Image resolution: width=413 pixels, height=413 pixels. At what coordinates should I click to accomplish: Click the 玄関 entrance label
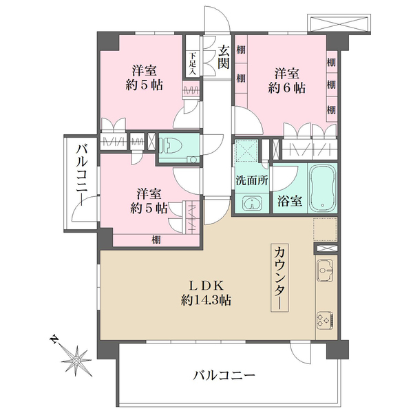pyautogui.click(x=224, y=57)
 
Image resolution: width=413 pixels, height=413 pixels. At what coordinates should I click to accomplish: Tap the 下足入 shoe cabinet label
pyautogui.click(x=192, y=63)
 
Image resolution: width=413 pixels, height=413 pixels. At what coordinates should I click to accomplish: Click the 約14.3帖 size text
pyautogui.click(x=206, y=300)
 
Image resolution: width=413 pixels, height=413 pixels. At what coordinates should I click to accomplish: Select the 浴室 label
pyautogui.click(x=288, y=202)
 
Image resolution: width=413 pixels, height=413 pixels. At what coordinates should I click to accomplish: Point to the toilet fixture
pyautogui.click(x=173, y=146)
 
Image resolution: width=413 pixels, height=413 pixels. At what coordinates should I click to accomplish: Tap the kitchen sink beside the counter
pyautogui.click(x=326, y=271)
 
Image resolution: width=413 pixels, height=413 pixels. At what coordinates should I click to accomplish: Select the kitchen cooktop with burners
pyautogui.click(x=326, y=319)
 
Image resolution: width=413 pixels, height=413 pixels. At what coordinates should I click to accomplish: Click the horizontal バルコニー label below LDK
pyautogui.click(x=224, y=376)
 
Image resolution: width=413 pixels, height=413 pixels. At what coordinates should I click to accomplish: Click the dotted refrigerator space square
pyautogui.click(x=325, y=229)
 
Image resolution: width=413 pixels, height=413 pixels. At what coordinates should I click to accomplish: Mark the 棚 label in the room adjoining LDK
pyautogui.click(x=157, y=239)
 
